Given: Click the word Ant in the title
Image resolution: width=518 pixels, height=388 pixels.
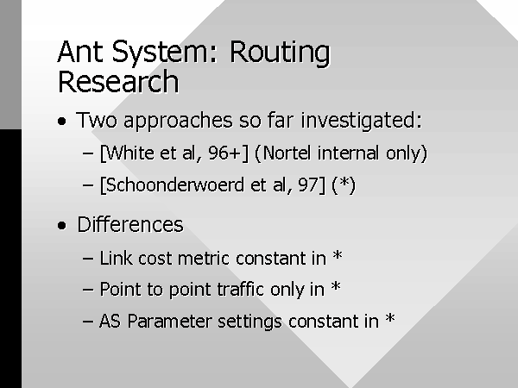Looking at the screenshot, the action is (80, 52).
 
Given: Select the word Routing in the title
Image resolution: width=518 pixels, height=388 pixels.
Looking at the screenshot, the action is (280, 53).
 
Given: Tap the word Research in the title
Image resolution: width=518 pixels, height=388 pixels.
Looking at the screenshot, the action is (118, 82).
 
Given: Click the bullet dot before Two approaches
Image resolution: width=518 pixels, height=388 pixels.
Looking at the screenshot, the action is (62, 122).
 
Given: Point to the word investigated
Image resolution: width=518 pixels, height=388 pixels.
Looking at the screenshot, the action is (362, 121).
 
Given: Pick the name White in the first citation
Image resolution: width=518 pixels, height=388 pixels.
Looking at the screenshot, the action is (130, 153).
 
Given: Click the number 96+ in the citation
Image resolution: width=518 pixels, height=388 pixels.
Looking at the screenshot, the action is (225, 153).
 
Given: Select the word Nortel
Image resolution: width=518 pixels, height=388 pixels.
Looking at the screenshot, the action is (287, 153).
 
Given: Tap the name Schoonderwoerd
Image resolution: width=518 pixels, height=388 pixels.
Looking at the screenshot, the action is (175, 185).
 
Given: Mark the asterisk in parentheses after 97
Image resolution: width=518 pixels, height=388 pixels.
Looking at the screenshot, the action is (344, 183).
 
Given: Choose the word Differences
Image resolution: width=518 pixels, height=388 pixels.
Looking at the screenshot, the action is (130, 225).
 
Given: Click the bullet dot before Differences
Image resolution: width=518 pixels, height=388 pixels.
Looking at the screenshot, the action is (62, 226).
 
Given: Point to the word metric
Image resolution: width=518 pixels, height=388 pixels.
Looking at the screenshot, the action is (204, 258).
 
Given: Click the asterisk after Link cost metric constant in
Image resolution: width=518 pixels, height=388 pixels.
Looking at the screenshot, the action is (338, 255).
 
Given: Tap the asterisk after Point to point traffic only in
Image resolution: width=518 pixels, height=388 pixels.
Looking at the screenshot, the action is (336, 287).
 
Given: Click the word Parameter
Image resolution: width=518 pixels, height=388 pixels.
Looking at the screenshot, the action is (169, 321).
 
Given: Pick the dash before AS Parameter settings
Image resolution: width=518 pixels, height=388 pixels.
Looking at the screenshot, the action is (88, 321).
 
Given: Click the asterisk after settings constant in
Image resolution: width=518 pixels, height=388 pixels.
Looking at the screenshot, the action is (390, 318).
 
